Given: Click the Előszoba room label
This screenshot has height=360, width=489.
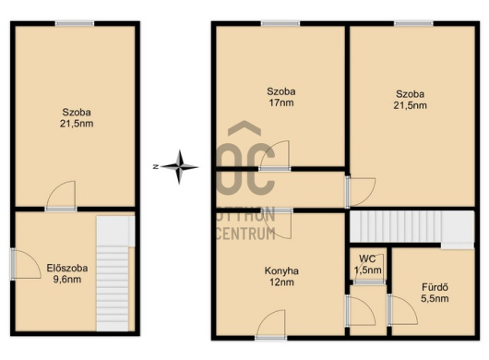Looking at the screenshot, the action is point(67,268).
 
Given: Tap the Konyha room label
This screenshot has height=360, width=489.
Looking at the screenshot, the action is point(281,270).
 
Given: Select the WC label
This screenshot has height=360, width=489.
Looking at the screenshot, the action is point(367,258).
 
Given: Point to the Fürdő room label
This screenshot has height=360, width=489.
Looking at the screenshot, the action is point(435,287).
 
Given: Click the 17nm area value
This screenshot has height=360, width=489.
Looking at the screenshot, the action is point(281,102).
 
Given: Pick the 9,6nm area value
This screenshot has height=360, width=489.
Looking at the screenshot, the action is point(67,279).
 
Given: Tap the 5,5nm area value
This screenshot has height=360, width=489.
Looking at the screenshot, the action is point(435,298).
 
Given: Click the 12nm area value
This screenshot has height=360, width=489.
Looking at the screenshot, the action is point(281,282).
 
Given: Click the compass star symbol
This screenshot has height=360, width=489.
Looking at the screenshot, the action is point(179,167).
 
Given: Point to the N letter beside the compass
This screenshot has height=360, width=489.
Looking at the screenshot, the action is point(156,167).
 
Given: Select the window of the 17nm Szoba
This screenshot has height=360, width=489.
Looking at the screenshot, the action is point(280,23).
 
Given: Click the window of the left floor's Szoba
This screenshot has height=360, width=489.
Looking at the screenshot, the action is point(75,23).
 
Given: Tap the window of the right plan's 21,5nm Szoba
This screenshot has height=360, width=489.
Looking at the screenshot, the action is point(413,23).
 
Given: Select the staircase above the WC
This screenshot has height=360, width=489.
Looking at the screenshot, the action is point(411,228).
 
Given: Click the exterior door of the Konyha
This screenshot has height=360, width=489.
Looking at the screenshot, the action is point(270,324).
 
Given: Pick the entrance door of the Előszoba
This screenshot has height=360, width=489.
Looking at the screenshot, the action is point(26,264).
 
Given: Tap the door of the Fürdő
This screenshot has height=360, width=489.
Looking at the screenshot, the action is point(402,310).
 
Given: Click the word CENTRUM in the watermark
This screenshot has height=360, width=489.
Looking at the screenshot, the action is point(245,234).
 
